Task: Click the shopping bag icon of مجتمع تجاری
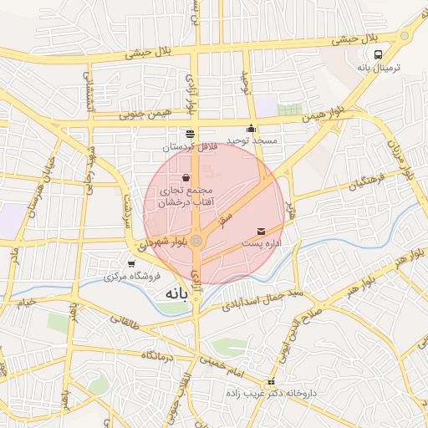(x=185, y=177)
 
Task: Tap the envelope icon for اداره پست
(x=262, y=230)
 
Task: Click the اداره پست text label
(x=262, y=242)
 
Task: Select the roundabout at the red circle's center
(x=196, y=242)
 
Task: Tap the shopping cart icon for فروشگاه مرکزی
(x=130, y=264)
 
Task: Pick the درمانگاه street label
(x=156, y=357)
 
